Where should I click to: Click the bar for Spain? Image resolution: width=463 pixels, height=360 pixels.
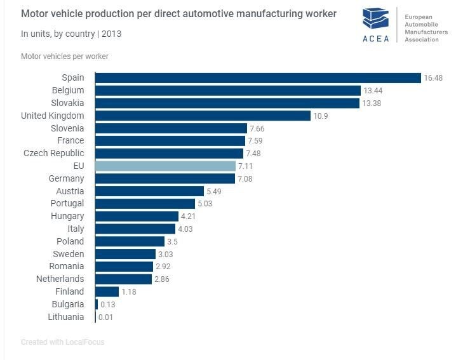pos(258,77)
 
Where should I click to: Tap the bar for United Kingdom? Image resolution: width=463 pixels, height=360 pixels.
pos(203,116)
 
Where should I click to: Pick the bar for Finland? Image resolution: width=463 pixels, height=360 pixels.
pos(107,291)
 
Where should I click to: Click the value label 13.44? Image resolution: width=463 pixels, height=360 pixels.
pos(373,91)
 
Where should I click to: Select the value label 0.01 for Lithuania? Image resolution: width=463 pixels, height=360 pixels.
pos(105,317)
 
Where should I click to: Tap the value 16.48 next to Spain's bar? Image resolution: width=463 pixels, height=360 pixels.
pos(433,78)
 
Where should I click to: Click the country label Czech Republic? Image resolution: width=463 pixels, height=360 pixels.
pos(53,153)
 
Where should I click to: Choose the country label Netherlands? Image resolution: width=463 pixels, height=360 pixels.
pos(60,279)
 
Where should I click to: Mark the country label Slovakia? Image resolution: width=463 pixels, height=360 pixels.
pos(67,103)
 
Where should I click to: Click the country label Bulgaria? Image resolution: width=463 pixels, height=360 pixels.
pos(67,304)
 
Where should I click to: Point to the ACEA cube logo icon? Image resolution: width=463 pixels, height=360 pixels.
pos(375,18)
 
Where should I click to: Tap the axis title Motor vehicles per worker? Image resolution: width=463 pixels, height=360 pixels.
pos(65,57)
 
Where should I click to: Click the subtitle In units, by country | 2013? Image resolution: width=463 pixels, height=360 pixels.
pos(71,34)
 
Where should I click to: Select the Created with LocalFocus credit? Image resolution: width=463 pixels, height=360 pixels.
pos(62,342)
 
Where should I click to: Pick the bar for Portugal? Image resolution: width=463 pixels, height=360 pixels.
pos(145,204)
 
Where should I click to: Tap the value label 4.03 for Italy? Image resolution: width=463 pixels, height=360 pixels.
pos(186,229)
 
